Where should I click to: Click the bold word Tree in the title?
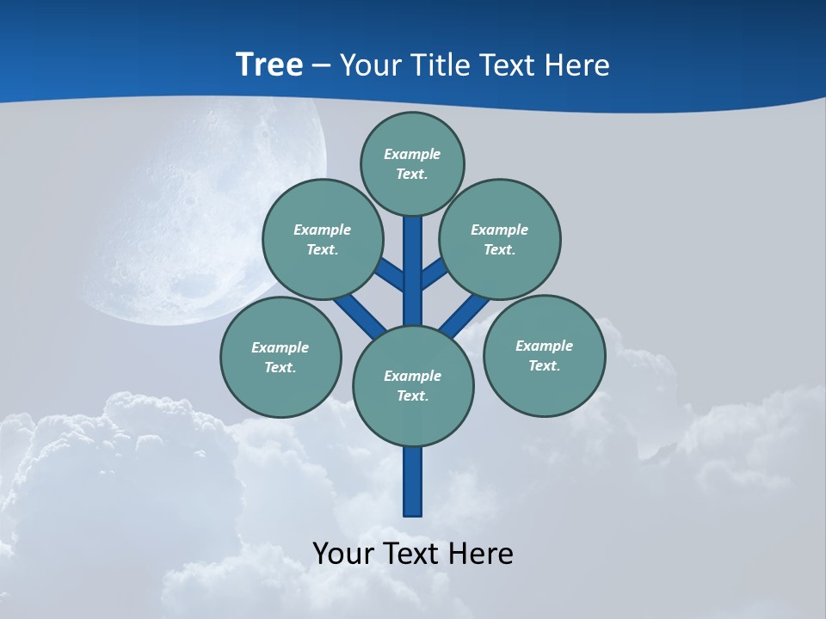click(269, 64)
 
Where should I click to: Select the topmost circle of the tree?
click(412, 163)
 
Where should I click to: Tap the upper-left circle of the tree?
click(323, 239)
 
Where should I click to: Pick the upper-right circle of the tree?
click(500, 239)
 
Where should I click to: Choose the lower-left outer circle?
click(280, 357)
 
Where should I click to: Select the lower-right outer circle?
click(544, 355)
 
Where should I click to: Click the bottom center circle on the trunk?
click(413, 386)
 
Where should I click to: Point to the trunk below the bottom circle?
click(413, 481)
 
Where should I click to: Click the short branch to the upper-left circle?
click(391, 275)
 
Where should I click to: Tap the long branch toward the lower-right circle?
click(465, 314)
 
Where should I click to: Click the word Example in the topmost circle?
click(412, 154)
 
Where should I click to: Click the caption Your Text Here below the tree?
click(413, 553)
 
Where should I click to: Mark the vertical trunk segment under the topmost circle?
click(413, 258)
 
